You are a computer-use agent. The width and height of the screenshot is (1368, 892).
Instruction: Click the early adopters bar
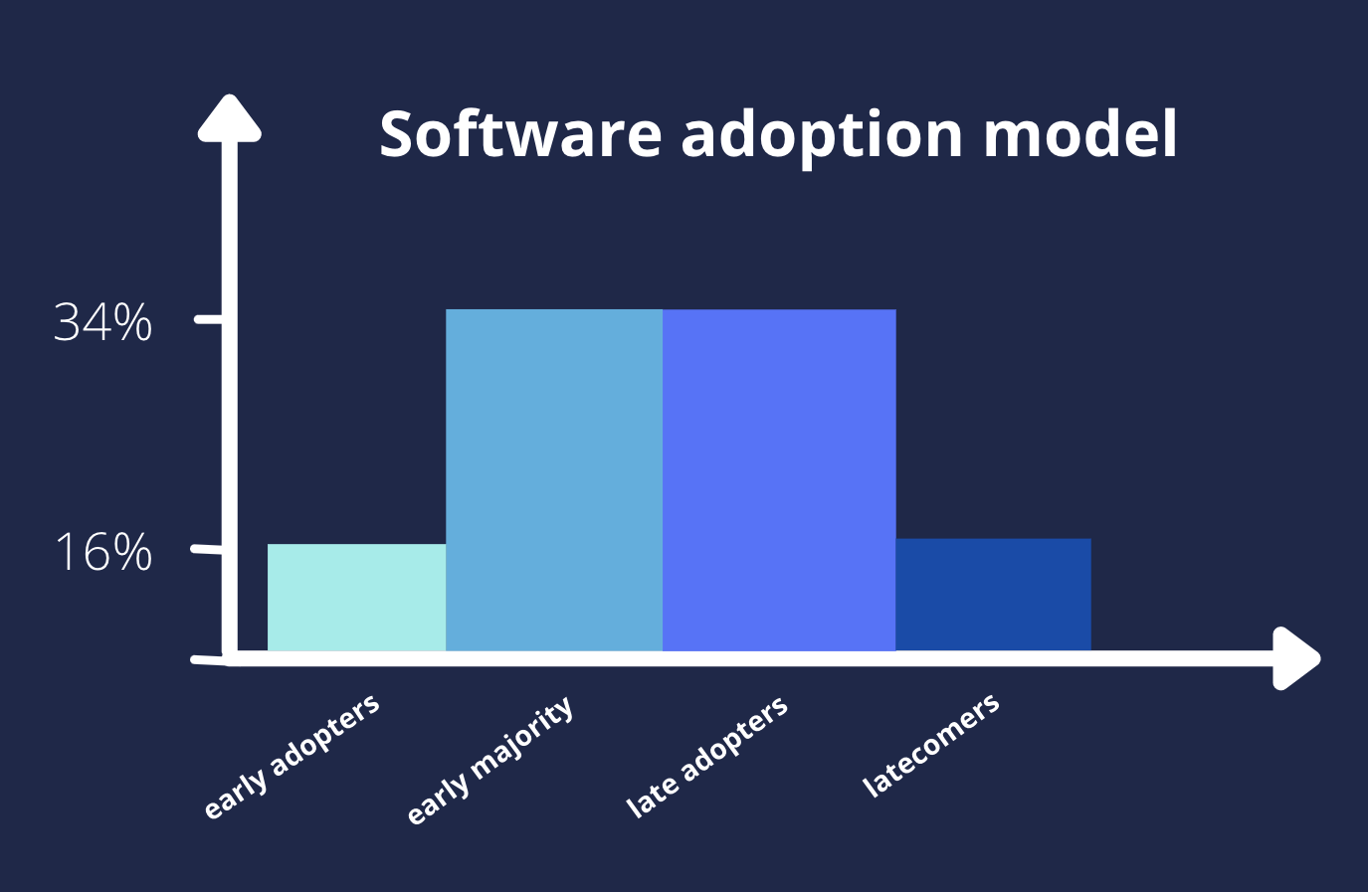(356, 597)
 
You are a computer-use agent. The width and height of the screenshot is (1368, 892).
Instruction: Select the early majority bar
(554, 480)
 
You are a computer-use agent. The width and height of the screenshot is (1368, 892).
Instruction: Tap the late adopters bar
(779, 480)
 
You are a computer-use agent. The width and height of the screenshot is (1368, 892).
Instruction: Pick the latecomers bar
(994, 595)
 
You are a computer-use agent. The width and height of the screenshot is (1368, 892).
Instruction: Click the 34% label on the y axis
(102, 322)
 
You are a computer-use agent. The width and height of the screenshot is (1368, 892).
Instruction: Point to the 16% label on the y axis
(103, 552)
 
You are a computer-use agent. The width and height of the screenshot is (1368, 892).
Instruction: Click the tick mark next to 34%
(208, 318)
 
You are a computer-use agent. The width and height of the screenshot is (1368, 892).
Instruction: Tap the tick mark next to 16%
(206, 550)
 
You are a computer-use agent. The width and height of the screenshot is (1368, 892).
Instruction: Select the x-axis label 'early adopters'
(292, 756)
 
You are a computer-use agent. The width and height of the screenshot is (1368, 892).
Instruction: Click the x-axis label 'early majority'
(490, 760)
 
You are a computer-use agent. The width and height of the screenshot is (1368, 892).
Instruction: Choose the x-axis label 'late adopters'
(707, 756)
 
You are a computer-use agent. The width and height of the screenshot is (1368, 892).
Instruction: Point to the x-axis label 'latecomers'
(930, 745)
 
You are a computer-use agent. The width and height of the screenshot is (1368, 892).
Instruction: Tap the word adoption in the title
(822, 138)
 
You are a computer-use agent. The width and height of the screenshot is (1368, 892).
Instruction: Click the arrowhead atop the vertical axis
(230, 119)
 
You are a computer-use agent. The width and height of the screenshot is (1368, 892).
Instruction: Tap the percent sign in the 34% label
(132, 322)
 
